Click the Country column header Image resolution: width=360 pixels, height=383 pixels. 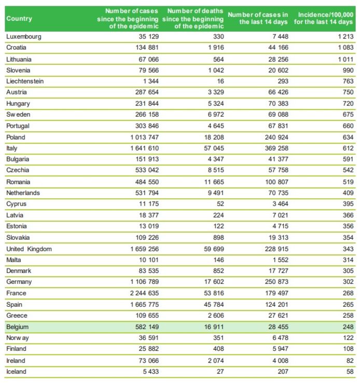[x=19, y=19]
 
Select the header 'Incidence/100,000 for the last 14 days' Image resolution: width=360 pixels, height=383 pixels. [x=323, y=18]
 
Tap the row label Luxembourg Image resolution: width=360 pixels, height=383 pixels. [x=24, y=37]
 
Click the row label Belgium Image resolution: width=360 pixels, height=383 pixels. [x=17, y=327]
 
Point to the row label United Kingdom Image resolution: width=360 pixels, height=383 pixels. [x=29, y=249]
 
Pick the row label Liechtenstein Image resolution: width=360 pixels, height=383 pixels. [x=25, y=81]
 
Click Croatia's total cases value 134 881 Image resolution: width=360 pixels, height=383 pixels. [x=147, y=47]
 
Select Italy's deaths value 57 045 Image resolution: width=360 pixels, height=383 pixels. [x=214, y=148]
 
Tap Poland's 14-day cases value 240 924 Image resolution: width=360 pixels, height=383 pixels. [x=276, y=137]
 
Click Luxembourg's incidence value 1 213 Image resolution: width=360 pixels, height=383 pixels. [x=345, y=36]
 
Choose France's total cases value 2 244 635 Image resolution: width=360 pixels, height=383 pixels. [x=144, y=293]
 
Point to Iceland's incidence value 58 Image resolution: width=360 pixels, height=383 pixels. [x=350, y=372]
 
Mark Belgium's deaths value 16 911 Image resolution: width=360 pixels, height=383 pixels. [x=214, y=327]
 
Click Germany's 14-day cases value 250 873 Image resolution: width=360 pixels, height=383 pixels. [x=276, y=282]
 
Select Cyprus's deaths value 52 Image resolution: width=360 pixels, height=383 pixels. [x=220, y=204]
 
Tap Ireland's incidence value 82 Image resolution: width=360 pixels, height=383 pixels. [x=350, y=361]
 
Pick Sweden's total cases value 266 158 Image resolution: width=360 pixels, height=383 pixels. [x=147, y=114]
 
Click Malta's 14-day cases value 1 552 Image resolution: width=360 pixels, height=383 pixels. [x=281, y=259]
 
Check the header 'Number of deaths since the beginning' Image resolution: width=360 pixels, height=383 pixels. [x=193, y=15]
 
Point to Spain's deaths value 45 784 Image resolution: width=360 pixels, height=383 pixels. [x=214, y=304]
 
